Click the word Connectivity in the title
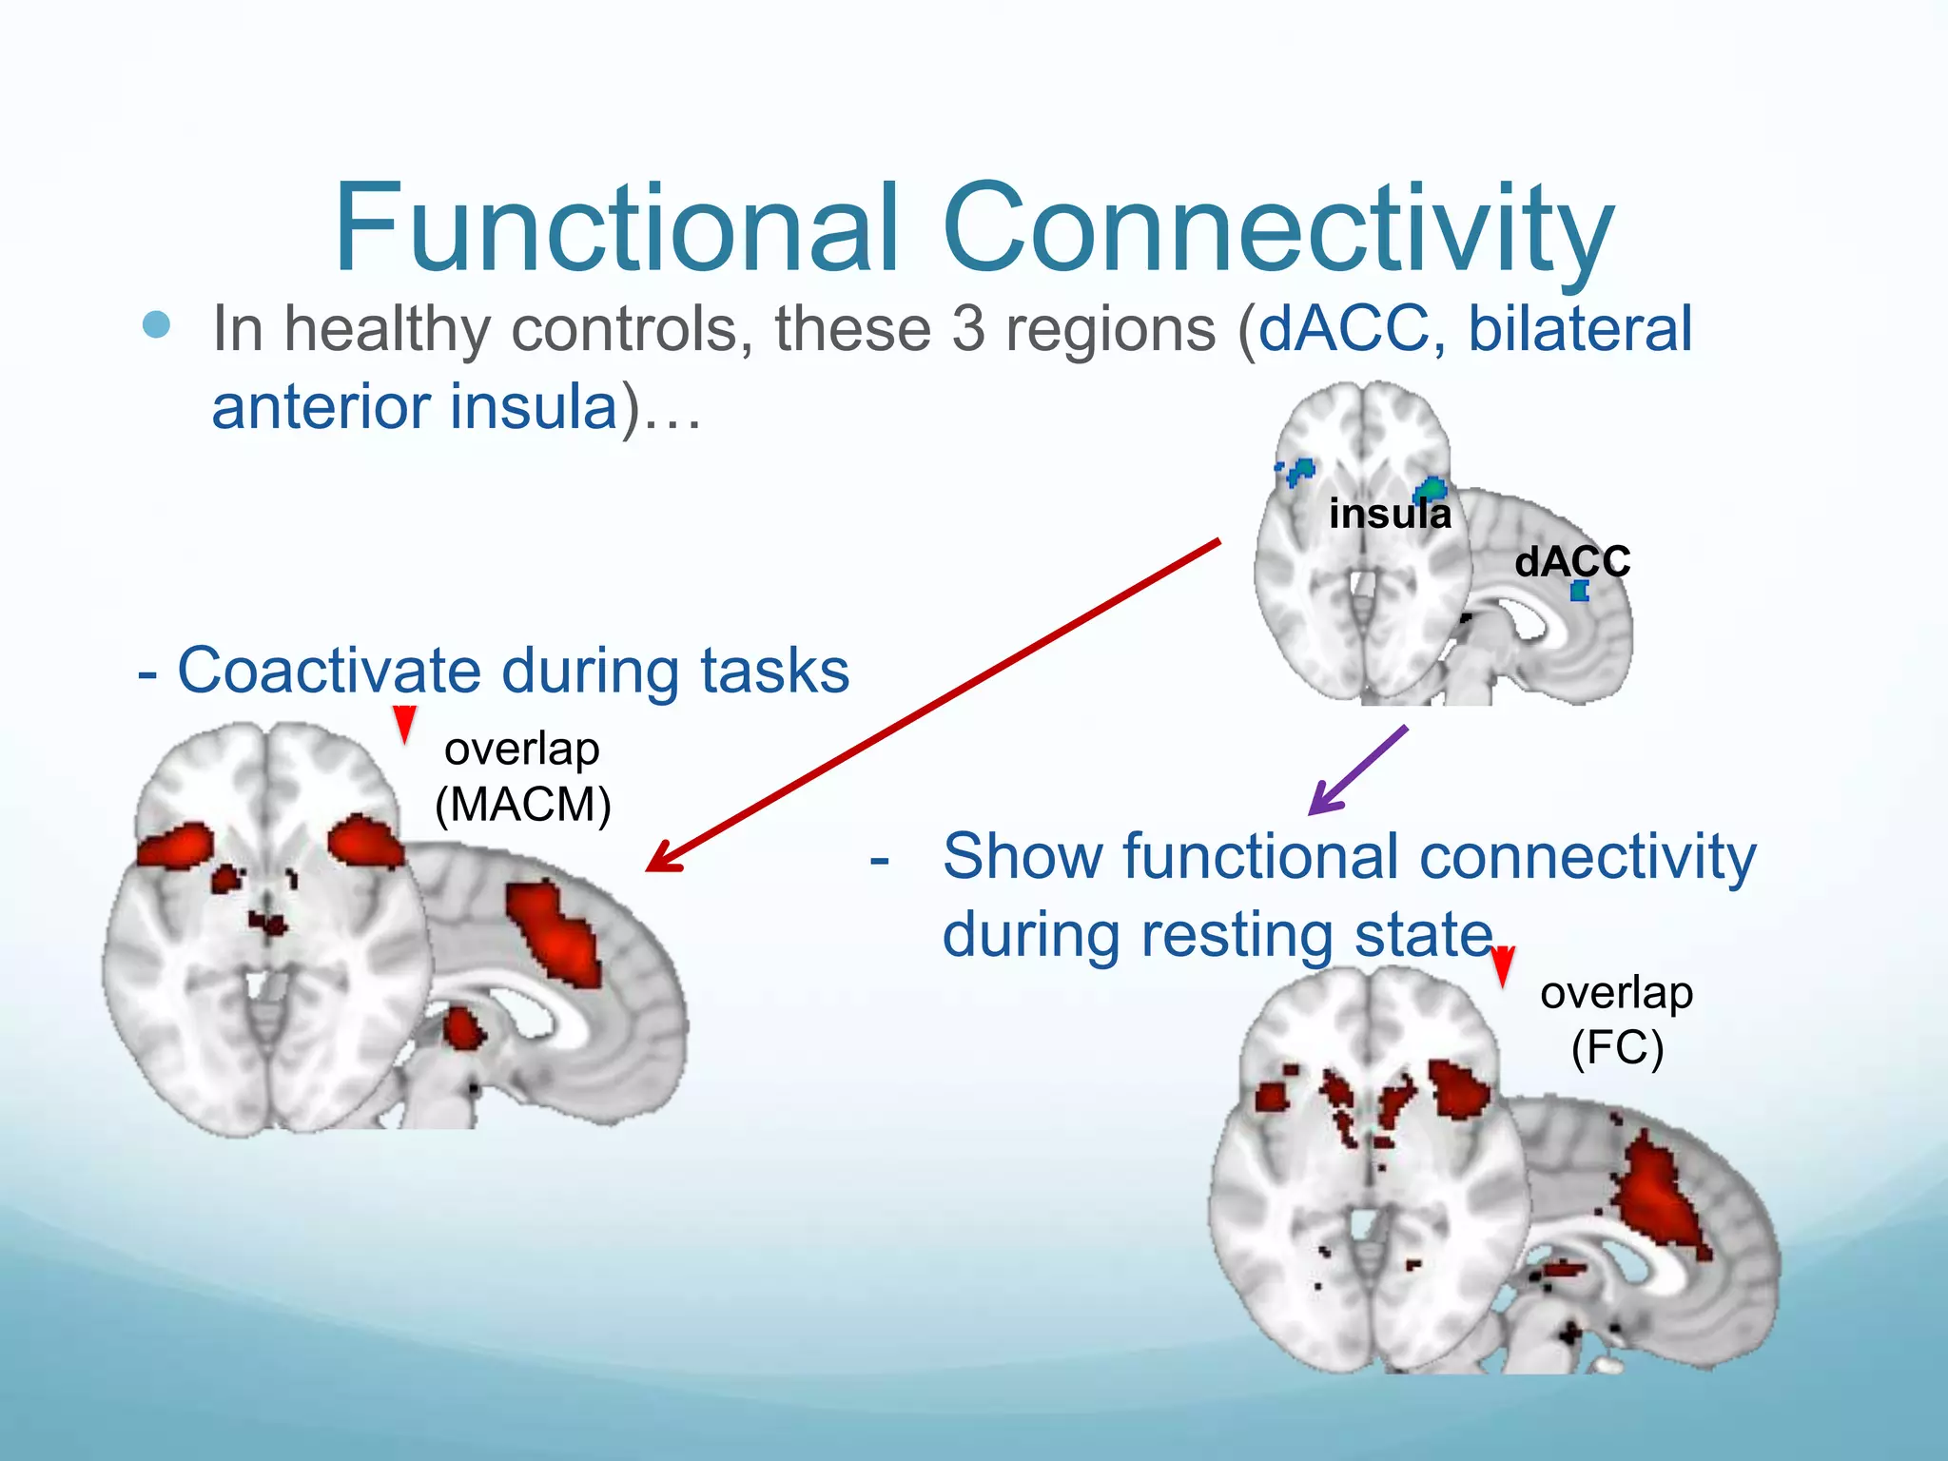(x=1278, y=228)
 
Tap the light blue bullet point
(x=156, y=325)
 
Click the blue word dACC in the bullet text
(x=1344, y=329)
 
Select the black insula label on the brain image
(x=1390, y=515)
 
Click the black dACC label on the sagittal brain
(x=1572, y=561)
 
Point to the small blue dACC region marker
(x=1580, y=592)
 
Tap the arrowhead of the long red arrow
(x=661, y=860)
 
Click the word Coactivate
(x=329, y=672)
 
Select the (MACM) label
(x=522, y=805)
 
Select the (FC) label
(x=1617, y=1048)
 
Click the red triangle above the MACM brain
(x=405, y=724)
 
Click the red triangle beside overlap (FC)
(x=1503, y=966)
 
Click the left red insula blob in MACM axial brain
(x=176, y=847)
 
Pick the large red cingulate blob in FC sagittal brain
(x=1660, y=1194)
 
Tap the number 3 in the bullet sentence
(x=968, y=329)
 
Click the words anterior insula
(x=415, y=407)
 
